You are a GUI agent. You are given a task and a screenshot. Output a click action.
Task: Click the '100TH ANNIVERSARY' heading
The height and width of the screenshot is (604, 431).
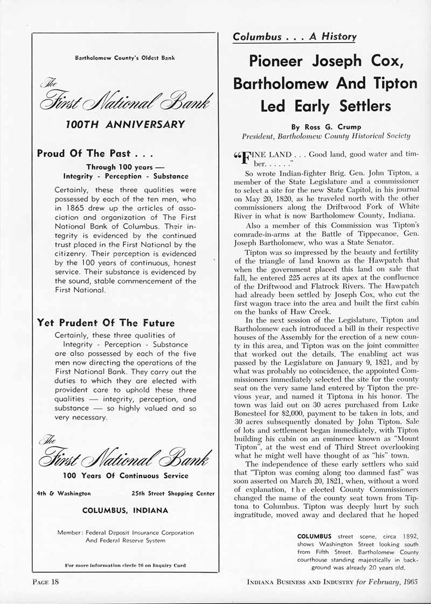tap(125, 125)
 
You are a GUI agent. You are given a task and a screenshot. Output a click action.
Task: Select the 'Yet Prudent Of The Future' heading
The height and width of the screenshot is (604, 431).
tap(106, 323)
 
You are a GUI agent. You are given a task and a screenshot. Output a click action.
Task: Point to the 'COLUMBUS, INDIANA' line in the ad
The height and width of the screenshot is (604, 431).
tap(125, 510)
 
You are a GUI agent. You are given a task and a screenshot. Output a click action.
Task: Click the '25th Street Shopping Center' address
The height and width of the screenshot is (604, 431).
tap(173, 493)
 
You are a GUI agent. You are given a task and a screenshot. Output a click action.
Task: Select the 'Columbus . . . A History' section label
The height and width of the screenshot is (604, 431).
tap(294, 37)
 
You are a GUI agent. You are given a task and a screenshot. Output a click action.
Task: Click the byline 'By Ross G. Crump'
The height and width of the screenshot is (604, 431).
tap(325, 127)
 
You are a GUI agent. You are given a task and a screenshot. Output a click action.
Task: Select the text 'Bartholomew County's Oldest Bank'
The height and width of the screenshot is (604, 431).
tap(125, 58)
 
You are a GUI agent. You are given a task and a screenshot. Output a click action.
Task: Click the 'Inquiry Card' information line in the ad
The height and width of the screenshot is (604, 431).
tap(125, 565)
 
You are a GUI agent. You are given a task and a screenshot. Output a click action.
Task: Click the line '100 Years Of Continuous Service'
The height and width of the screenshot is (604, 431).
tap(125, 476)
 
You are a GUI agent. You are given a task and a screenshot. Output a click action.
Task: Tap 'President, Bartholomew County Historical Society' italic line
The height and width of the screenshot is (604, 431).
tap(325, 136)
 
